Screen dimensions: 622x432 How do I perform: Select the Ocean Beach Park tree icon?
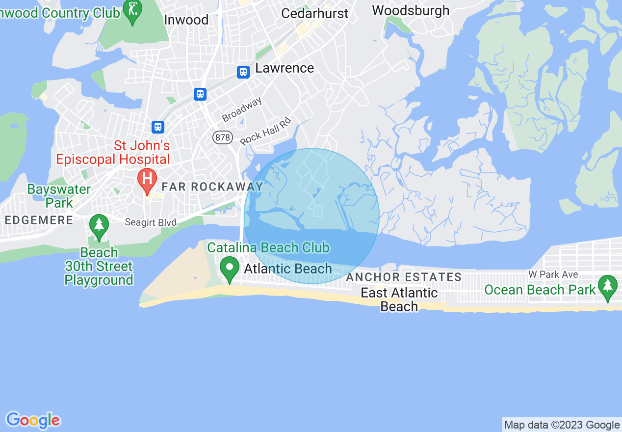pyautogui.click(x=608, y=287)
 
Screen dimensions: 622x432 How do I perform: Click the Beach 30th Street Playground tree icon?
pyautogui.click(x=99, y=226)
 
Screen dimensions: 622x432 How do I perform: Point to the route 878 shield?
pyautogui.click(x=223, y=137)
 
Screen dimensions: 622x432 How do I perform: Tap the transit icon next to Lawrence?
pyautogui.click(x=243, y=72)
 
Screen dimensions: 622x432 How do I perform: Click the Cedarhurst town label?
pyautogui.click(x=314, y=13)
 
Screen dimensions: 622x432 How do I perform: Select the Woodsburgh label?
pyautogui.click(x=411, y=10)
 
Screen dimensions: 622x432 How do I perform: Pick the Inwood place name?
pyautogui.click(x=186, y=20)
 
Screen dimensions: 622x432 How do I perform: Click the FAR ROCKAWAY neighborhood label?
pyautogui.click(x=212, y=187)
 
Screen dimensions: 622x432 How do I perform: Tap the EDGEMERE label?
pyautogui.click(x=39, y=220)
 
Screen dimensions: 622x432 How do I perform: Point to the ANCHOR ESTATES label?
pyautogui.click(x=404, y=277)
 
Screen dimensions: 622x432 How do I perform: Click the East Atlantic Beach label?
pyautogui.click(x=399, y=299)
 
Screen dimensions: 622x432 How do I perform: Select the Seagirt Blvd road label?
pyautogui.click(x=151, y=223)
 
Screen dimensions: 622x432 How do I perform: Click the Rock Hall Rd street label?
pyautogui.click(x=265, y=131)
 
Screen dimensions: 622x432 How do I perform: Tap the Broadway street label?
pyautogui.click(x=242, y=109)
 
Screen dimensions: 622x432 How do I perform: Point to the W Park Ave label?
pyautogui.click(x=553, y=274)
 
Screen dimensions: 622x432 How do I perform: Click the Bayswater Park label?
pyautogui.click(x=59, y=195)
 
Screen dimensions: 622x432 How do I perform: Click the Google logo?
pyautogui.click(x=33, y=420)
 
